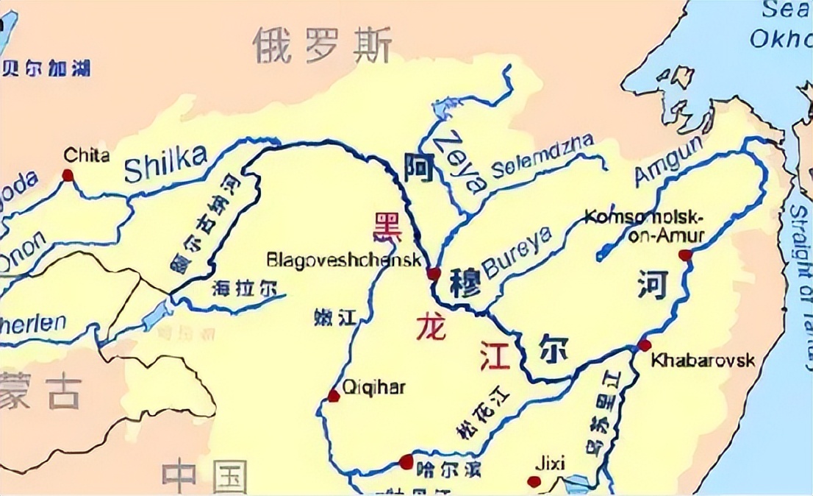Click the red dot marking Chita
pos(68,175)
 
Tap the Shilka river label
pos(165,163)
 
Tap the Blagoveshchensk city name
pos(344,260)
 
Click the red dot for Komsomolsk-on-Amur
pos(685,255)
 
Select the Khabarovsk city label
pos(703,361)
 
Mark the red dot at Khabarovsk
pos(645,345)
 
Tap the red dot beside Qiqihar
pos(334,396)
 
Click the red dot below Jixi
pos(534,482)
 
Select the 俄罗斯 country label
pos(322,46)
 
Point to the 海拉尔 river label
pos(244,288)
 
